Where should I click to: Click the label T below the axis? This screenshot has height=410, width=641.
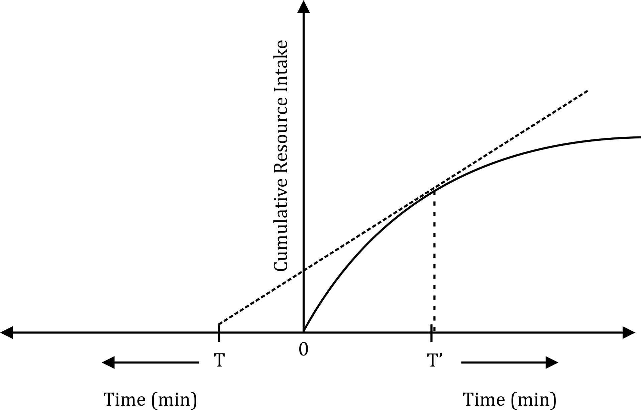tap(219, 361)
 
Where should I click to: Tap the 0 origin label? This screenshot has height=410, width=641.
tap(303, 350)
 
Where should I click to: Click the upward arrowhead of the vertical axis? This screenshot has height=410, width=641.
tap(303, 7)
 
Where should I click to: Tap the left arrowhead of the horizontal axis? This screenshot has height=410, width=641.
tap(7, 332)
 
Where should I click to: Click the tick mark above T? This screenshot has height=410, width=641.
tap(219, 333)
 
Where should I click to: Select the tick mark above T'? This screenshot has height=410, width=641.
tap(431, 333)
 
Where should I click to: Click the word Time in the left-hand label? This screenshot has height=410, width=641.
tap(124, 399)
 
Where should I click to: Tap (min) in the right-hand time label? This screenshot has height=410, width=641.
tap(533, 399)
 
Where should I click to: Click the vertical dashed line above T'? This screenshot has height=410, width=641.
tap(434, 261)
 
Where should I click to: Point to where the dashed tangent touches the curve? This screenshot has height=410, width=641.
tap(434, 190)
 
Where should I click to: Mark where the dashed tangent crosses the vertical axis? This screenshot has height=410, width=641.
tap(303, 271)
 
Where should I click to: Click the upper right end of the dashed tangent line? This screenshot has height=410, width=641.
tap(587, 91)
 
